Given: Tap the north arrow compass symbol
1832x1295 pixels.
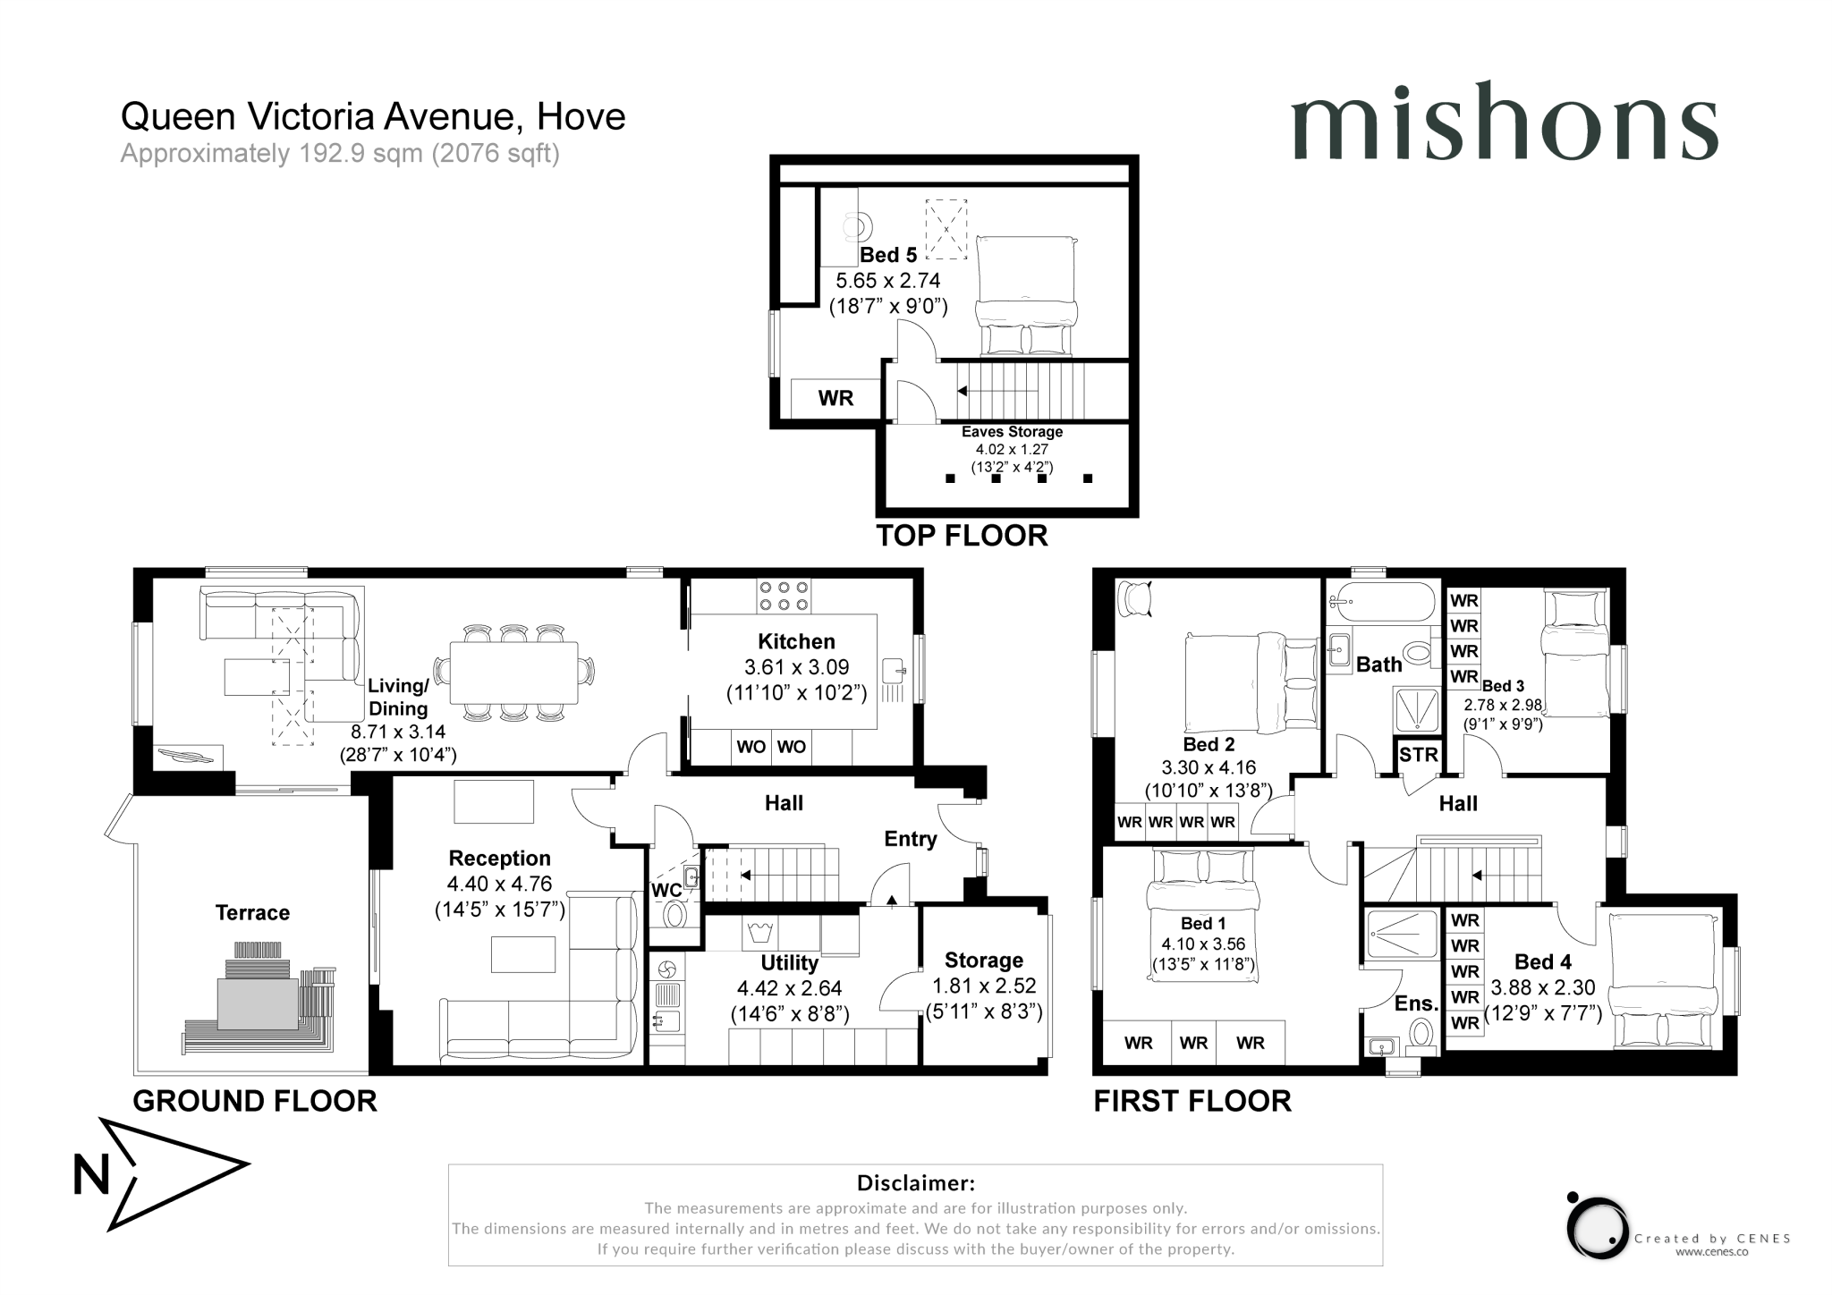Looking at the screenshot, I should coord(161,1173).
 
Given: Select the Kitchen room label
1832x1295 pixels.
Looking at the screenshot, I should coord(795,641).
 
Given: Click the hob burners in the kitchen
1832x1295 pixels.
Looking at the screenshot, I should coord(784,596).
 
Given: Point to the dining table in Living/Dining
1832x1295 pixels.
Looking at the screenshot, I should coord(513,673).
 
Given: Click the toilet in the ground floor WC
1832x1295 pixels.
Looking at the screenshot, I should coord(675,914).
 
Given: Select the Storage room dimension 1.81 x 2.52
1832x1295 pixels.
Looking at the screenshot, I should coord(983,986).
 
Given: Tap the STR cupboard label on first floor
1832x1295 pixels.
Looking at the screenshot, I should coord(1418,754).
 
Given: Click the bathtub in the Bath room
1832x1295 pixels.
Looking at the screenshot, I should coord(1382,602).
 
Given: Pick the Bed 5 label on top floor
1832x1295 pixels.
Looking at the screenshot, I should coord(888,255).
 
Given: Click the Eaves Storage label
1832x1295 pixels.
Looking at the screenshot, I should coord(1012,432).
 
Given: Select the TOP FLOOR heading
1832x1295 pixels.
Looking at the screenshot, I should coord(962,536).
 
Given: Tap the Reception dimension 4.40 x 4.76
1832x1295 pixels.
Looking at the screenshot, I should coord(499,884).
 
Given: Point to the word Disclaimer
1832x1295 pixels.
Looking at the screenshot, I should coord(915,1183).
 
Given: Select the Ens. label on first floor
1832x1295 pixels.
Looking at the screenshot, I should coord(1415,1003).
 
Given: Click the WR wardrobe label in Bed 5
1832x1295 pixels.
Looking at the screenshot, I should coord(835,398).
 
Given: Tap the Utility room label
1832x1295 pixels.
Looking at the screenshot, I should coord(789,963).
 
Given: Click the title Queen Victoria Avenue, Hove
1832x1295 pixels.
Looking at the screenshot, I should coord(373,116).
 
